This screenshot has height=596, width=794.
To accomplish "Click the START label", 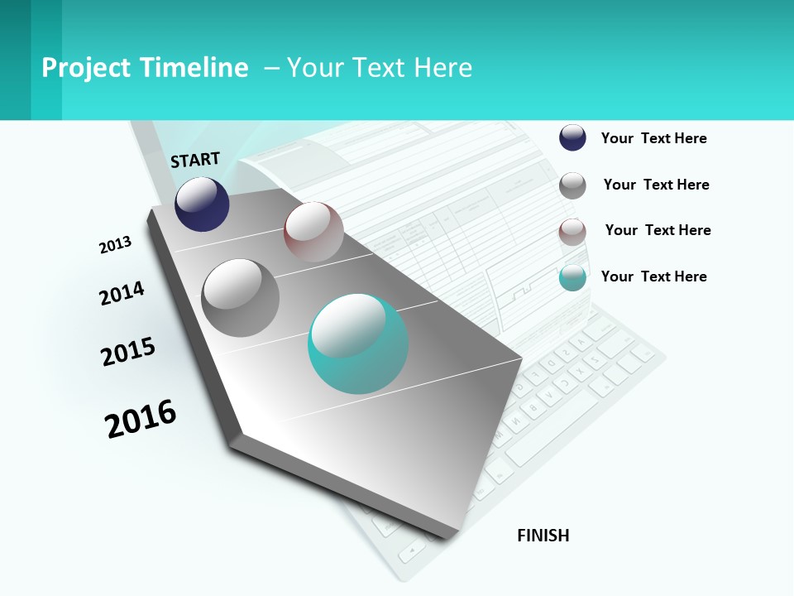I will (195, 160).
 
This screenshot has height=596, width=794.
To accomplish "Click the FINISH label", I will (543, 536).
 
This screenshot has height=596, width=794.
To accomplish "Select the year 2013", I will (115, 245).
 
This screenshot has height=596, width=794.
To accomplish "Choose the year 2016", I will (141, 419).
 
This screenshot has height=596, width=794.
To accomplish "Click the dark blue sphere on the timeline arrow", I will (202, 204).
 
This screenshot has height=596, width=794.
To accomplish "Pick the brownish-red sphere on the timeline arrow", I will (313, 232).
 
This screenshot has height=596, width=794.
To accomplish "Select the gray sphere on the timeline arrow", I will (241, 298).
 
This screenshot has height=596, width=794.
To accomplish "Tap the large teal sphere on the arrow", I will (358, 344).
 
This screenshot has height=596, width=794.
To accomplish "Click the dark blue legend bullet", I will (572, 137).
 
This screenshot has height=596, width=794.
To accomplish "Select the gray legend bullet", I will (572, 185).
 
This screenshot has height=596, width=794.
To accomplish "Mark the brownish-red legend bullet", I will (572, 232).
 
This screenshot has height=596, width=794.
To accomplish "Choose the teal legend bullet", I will (572, 277).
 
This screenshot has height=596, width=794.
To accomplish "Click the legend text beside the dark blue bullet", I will (653, 138).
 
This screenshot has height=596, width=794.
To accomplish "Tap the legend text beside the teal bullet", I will (653, 276).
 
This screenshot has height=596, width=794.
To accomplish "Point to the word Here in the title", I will (442, 68).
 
